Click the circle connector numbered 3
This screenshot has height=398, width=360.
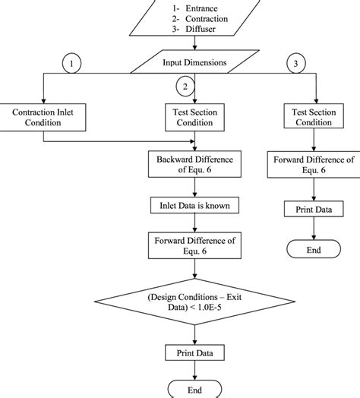[x=295, y=65]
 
